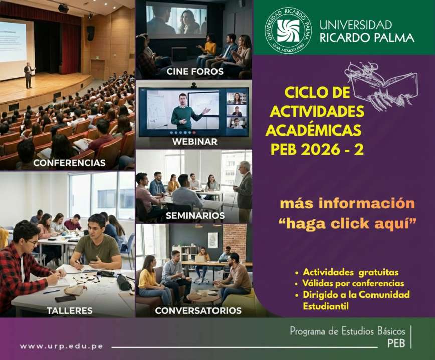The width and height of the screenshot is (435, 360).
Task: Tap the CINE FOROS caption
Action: pyautogui.click(x=195, y=71)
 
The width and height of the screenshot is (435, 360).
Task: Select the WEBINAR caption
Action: pyautogui.click(x=195, y=141)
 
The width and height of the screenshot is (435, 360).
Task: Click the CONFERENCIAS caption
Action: pyautogui.click(x=69, y=163)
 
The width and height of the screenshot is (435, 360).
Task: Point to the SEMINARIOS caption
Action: pyautogui.click(x=195, y=215)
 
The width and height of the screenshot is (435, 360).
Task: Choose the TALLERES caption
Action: pyautogui.click(x=70, y=310)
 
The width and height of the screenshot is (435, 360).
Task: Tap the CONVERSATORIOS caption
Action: pyautogui.click(x=198, y=310)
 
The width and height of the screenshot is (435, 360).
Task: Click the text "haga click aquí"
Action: pyautogui.click(x=348, y=223)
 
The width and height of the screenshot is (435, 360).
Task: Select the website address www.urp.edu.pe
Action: pyautogui.click(x=61, y=346)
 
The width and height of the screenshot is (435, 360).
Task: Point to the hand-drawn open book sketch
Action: pyautogui.click(x=382, y=85)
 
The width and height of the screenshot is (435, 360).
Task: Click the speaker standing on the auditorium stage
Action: pyautogui.click(x=29, y=75)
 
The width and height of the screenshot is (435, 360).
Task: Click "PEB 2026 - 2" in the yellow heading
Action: pyautogui.click(x=317, y=149)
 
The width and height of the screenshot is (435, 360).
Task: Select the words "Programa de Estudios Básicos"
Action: pyautogui.click(x=347, y=331)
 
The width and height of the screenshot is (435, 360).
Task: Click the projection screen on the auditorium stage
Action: pyautogui.click(x=13, y=42)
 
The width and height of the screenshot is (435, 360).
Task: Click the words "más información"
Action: pyautogui.click(x=347, y=203)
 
